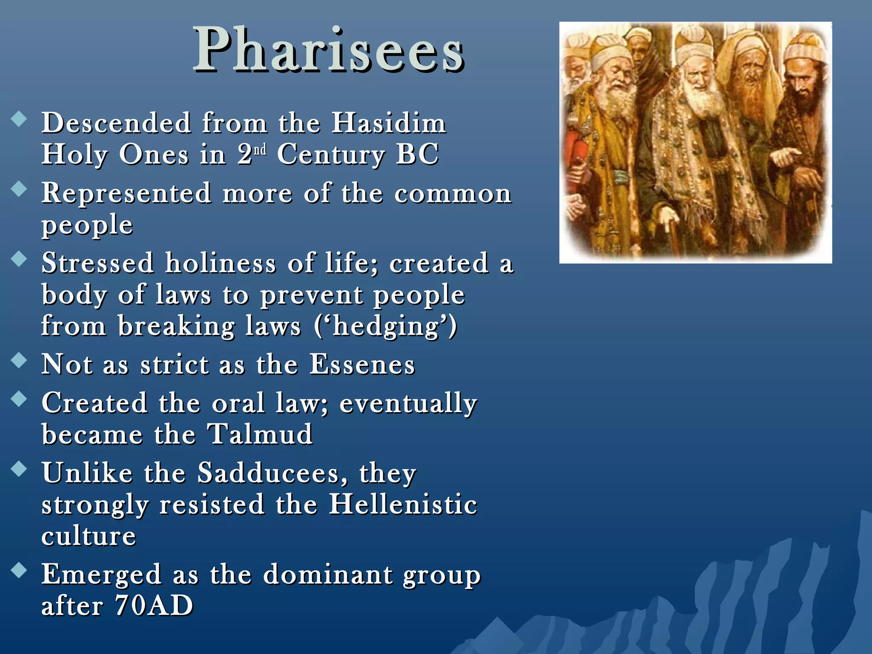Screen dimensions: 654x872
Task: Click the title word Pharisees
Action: click(x=328, y=50)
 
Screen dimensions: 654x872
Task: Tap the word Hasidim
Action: click(x=389, y=123)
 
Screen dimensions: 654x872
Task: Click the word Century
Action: click(x=330, y=155)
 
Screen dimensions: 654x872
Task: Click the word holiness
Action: click(x=221, y=263)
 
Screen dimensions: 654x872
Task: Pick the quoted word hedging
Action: click(x=386, y=327)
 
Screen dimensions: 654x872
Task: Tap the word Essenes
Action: click(x=362, y=365)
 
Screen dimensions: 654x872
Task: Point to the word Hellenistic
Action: click(x=403, y=505)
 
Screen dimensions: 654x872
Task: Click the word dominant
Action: click(x=327, y=574)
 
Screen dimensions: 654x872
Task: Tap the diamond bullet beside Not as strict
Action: click(x=19, y=360)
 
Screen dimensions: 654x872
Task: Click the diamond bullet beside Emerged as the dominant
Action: click(x=19, y=570)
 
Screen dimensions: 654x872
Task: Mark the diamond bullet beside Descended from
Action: click(x=19, y=119)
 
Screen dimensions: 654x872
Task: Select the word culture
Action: click(x=89, y=536)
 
